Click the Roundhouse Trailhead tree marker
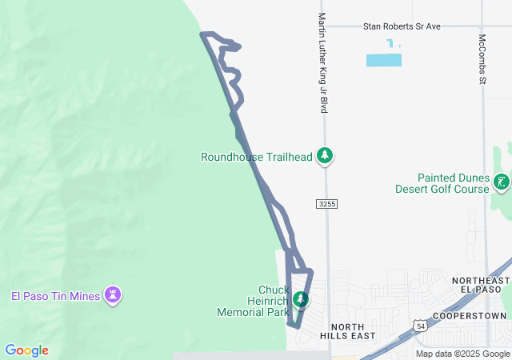[324, 154]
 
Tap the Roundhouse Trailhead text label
[256, 158]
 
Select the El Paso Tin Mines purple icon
[114, 295]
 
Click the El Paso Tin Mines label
[55, 297]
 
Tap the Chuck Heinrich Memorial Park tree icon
[300, 300]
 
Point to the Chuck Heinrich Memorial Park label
[252, 301]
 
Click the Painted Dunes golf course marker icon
[502, 182]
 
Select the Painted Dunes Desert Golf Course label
[453, 183]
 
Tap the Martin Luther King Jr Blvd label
[322, 62]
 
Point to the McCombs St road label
[482, 58]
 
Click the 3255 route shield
[326, 204]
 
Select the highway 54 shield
[421, 326]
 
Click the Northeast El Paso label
[480, 286]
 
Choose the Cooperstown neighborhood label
[470, 316]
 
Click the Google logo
[26, 350]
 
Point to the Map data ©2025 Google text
[462, 354]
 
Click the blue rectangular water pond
[383, 60]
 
